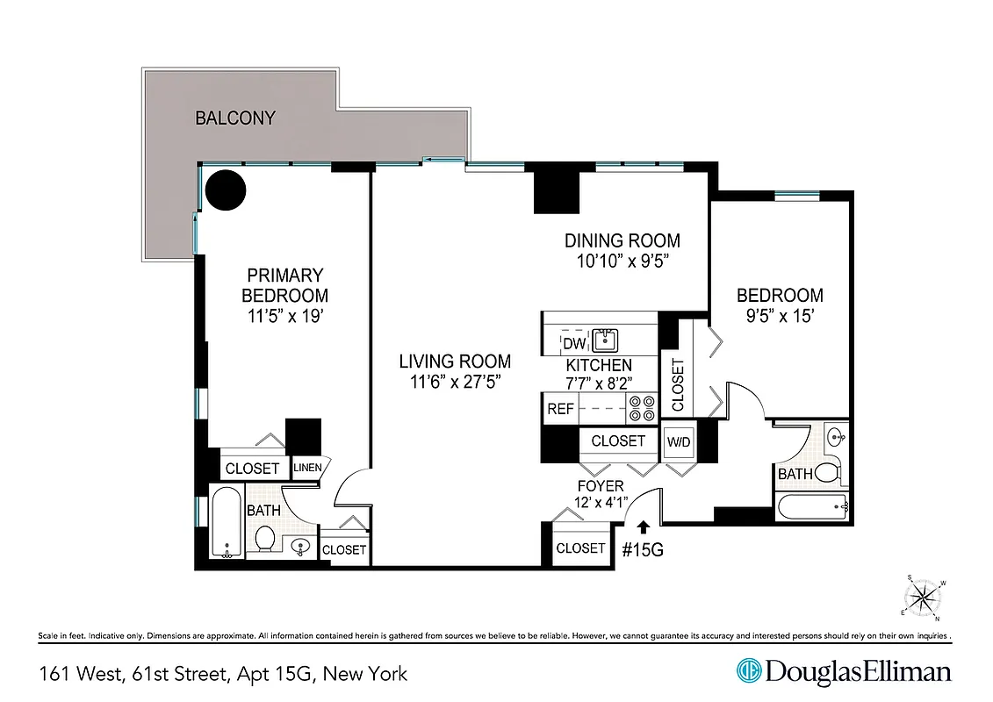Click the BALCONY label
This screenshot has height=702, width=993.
pyautogui.click(x=235, y=118)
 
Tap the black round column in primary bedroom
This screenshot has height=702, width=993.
pyautogui.click(x=225, y=189)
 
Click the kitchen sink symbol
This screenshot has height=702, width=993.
pyautogui.click(x=604, y=340)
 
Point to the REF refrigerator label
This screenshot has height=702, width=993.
pyautogui.click(x=560, y=409)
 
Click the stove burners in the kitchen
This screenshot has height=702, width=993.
pyautogui.click(x=642, y=409)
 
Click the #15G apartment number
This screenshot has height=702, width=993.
pyautogui.click(x=642, y=551)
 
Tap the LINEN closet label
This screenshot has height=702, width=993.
pyautogui.click(x=307, y=468)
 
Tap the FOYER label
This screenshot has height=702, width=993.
pyautogui.click(x=601, y=486)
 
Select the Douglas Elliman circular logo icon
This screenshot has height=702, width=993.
pyautogui.click(x=748, y=672)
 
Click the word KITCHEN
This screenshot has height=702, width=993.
pyautogui.click(x=598, y=365)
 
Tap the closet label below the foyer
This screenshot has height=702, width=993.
pyautogui.click(x=580, y=548)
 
